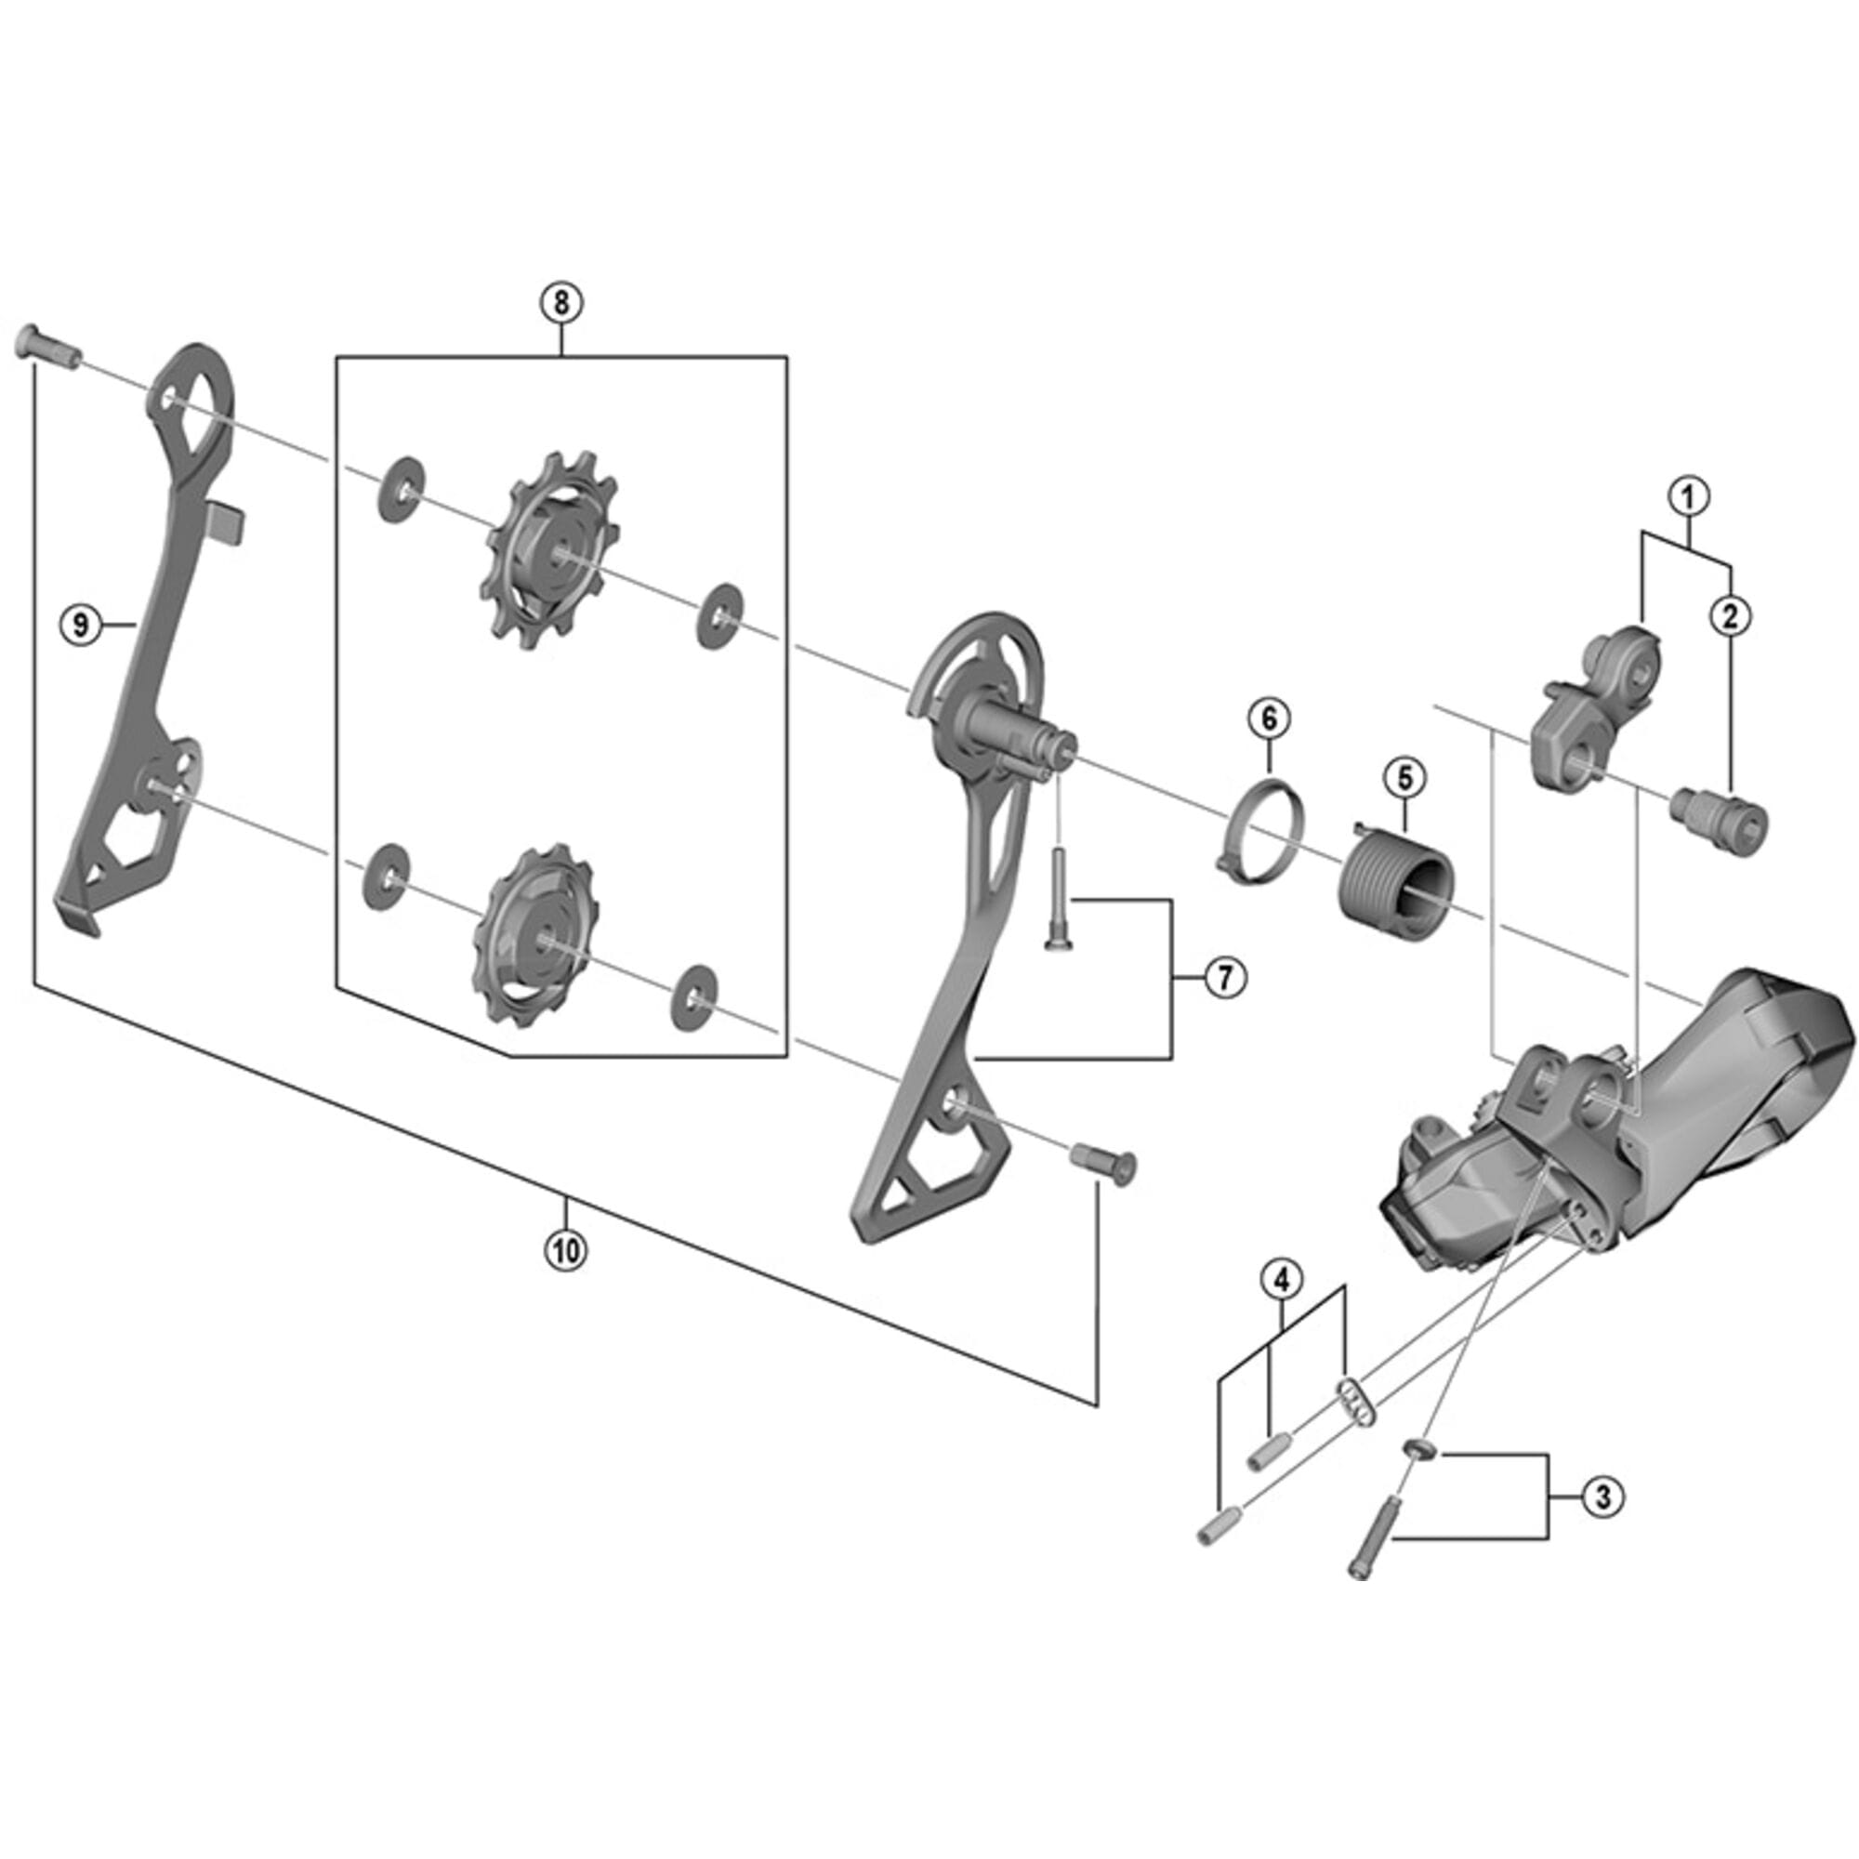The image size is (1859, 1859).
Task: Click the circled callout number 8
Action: click(561, 302)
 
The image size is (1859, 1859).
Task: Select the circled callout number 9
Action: click(81, 626)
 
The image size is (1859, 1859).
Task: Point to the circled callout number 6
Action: click(1268, 717)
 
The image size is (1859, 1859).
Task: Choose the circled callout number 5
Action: click(1404, 777)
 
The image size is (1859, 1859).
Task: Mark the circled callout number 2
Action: click(1730, 617)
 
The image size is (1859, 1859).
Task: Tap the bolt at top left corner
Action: click(46, 348)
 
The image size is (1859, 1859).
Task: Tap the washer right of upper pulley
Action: click(719, 617)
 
